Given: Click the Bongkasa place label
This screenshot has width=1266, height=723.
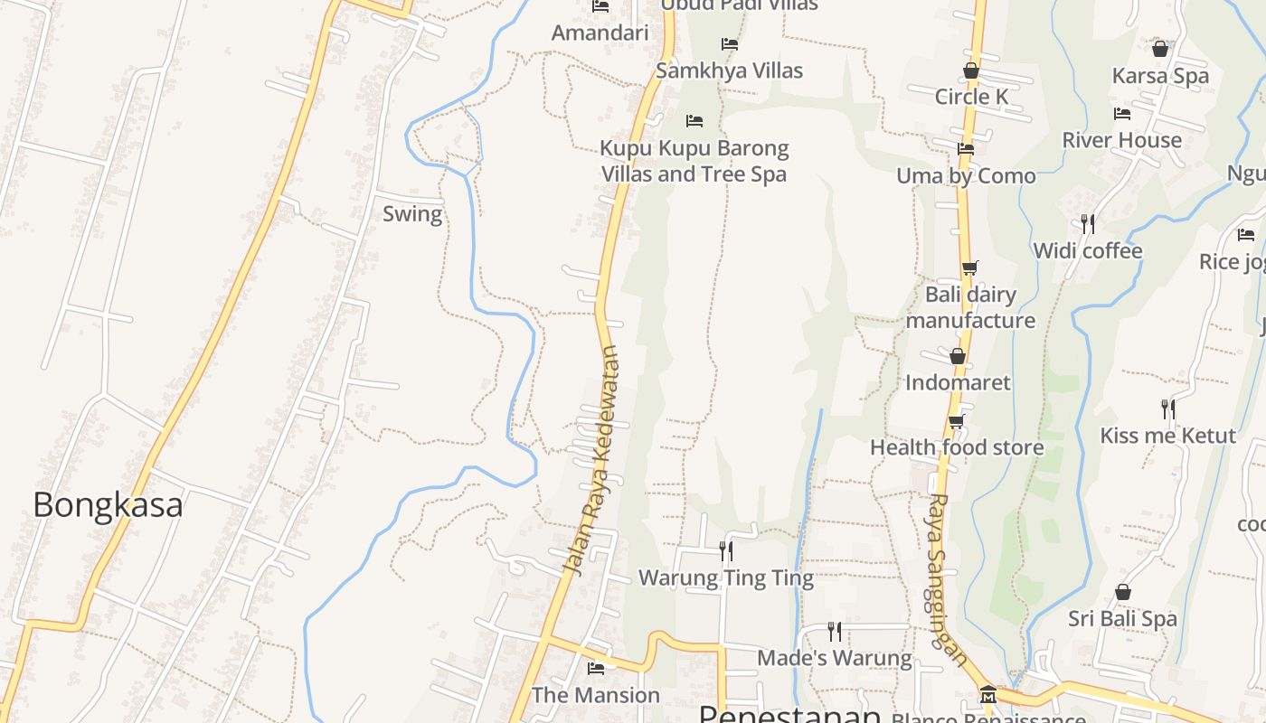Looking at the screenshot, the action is [108, 505].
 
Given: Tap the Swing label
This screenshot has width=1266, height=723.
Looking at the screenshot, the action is [412, 214].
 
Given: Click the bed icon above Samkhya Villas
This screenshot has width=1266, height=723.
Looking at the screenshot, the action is [730, 44].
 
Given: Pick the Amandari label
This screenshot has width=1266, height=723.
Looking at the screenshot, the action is [600, 33].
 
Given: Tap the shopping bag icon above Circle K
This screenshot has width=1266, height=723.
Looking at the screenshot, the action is [971, 70].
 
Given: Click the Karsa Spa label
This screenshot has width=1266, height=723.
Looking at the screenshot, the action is [1160, 76].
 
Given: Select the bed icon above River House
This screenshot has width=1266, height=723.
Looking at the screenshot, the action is [1122, 114].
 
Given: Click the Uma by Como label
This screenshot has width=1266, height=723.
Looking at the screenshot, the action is [966, 176].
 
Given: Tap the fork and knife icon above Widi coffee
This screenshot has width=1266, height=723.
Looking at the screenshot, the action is [1088, 223].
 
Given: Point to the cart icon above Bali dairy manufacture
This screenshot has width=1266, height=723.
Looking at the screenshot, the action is [969, 268].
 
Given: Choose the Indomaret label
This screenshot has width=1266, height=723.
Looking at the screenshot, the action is [958, 382].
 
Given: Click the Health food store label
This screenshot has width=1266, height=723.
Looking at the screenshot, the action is [957, 447].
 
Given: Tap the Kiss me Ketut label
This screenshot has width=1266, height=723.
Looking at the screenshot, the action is [1167, 436].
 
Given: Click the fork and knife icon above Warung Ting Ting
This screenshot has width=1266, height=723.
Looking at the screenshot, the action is [726, 550].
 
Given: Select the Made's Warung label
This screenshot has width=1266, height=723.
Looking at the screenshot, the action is [834, 658].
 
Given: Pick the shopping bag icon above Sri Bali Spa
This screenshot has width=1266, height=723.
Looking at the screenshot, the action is [1122, 592].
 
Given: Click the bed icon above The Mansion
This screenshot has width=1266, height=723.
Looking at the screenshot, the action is [596, 669].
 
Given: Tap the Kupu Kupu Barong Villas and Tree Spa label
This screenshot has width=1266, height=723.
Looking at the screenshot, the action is [694, 161].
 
